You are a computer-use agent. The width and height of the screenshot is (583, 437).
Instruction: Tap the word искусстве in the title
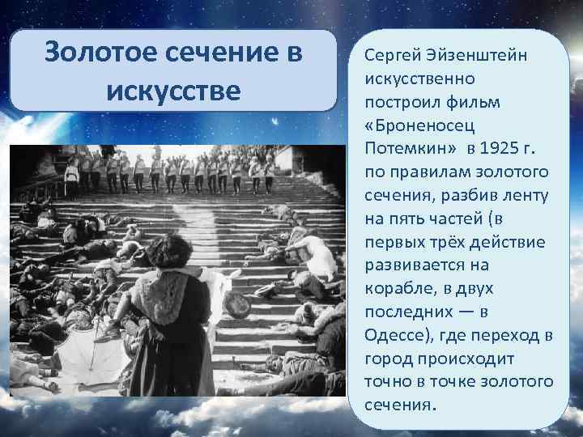click(x=173, y=91)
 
